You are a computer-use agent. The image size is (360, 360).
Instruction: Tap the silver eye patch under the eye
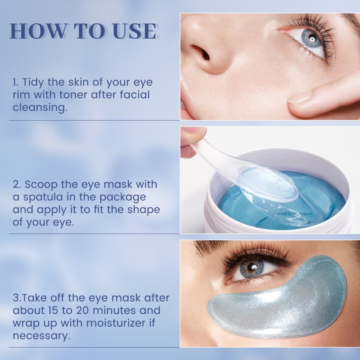[279, 297]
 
